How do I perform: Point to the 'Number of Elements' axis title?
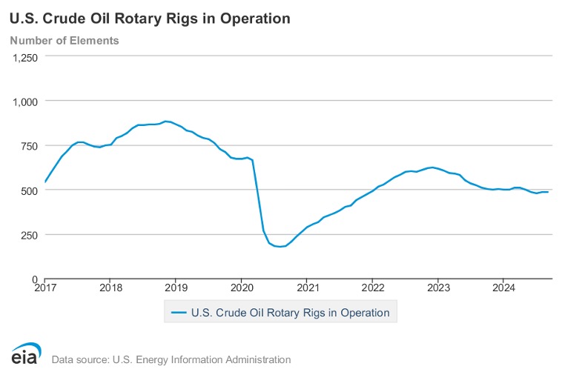coord(65,40)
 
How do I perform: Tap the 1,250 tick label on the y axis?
coord(24,58)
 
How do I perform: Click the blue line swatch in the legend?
coord(178,313)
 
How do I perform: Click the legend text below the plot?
coord(290,313)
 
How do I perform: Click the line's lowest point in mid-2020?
coord(280,247)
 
